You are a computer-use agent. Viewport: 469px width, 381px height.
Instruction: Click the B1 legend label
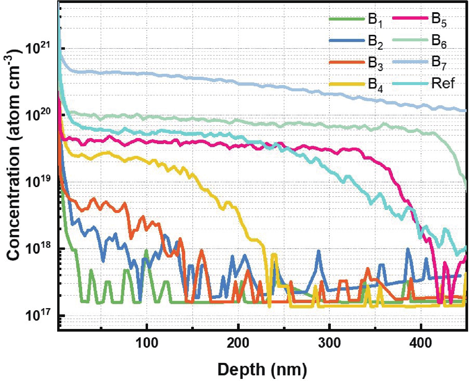(375, 20)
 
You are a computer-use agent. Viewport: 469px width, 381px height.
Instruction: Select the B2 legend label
(375, 42)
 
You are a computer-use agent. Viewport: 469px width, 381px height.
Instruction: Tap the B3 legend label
(375, 63)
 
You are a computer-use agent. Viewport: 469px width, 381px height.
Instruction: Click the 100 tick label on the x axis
(147, 343)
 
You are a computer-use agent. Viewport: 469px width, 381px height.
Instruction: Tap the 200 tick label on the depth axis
(238, 343)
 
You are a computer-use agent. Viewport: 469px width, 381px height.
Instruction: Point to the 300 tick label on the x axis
(329, 343)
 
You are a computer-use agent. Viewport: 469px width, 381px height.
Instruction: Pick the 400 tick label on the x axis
(420, 343)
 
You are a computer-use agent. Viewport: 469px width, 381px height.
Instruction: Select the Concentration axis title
(13, 155)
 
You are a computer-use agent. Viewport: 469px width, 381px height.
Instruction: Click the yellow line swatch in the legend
(347, 84)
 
